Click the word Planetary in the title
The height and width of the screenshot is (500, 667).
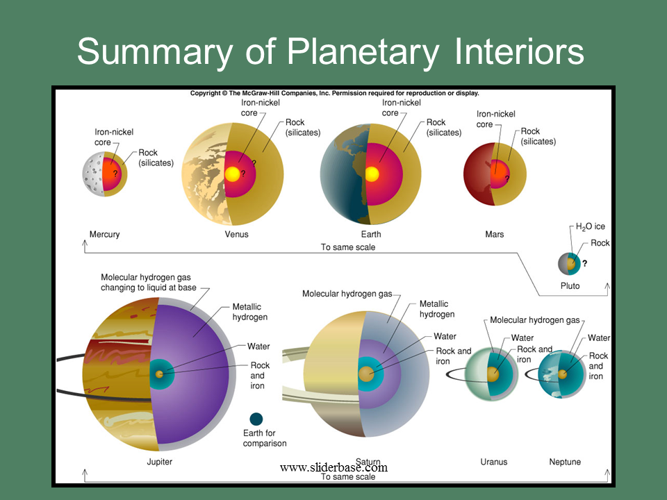pos(363,52)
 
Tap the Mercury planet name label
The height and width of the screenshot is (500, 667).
pos(105,234)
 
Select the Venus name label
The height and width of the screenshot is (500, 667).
pos(236,234)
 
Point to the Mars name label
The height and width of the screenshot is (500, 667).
pos(494,234)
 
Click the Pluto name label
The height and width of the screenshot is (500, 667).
pos(570,285)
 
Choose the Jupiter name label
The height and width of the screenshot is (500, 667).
pos(160,462)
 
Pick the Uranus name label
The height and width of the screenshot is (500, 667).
pos(494,462)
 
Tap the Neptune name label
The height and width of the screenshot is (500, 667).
pos(565,462)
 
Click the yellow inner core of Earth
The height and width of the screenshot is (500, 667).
pos(372,174)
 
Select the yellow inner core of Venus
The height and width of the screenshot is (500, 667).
pos(232,174)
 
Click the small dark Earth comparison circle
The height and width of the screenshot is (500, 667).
pos(256,419)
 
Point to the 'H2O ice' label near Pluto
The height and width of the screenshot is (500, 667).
pos(590,226)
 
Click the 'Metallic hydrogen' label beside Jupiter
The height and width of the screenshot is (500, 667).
pos(249,312)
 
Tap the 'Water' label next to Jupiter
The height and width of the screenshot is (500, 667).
pos(258,346)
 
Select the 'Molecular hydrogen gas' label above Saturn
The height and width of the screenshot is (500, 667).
pos(347,294)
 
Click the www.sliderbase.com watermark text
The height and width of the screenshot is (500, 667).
pos(334,467)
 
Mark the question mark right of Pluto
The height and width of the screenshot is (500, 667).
pos(585,264)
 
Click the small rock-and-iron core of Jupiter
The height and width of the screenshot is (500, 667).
pos(159,374)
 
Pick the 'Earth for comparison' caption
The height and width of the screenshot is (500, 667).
pos(265,438)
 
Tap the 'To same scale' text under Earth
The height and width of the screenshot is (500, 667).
pos(348,247)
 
